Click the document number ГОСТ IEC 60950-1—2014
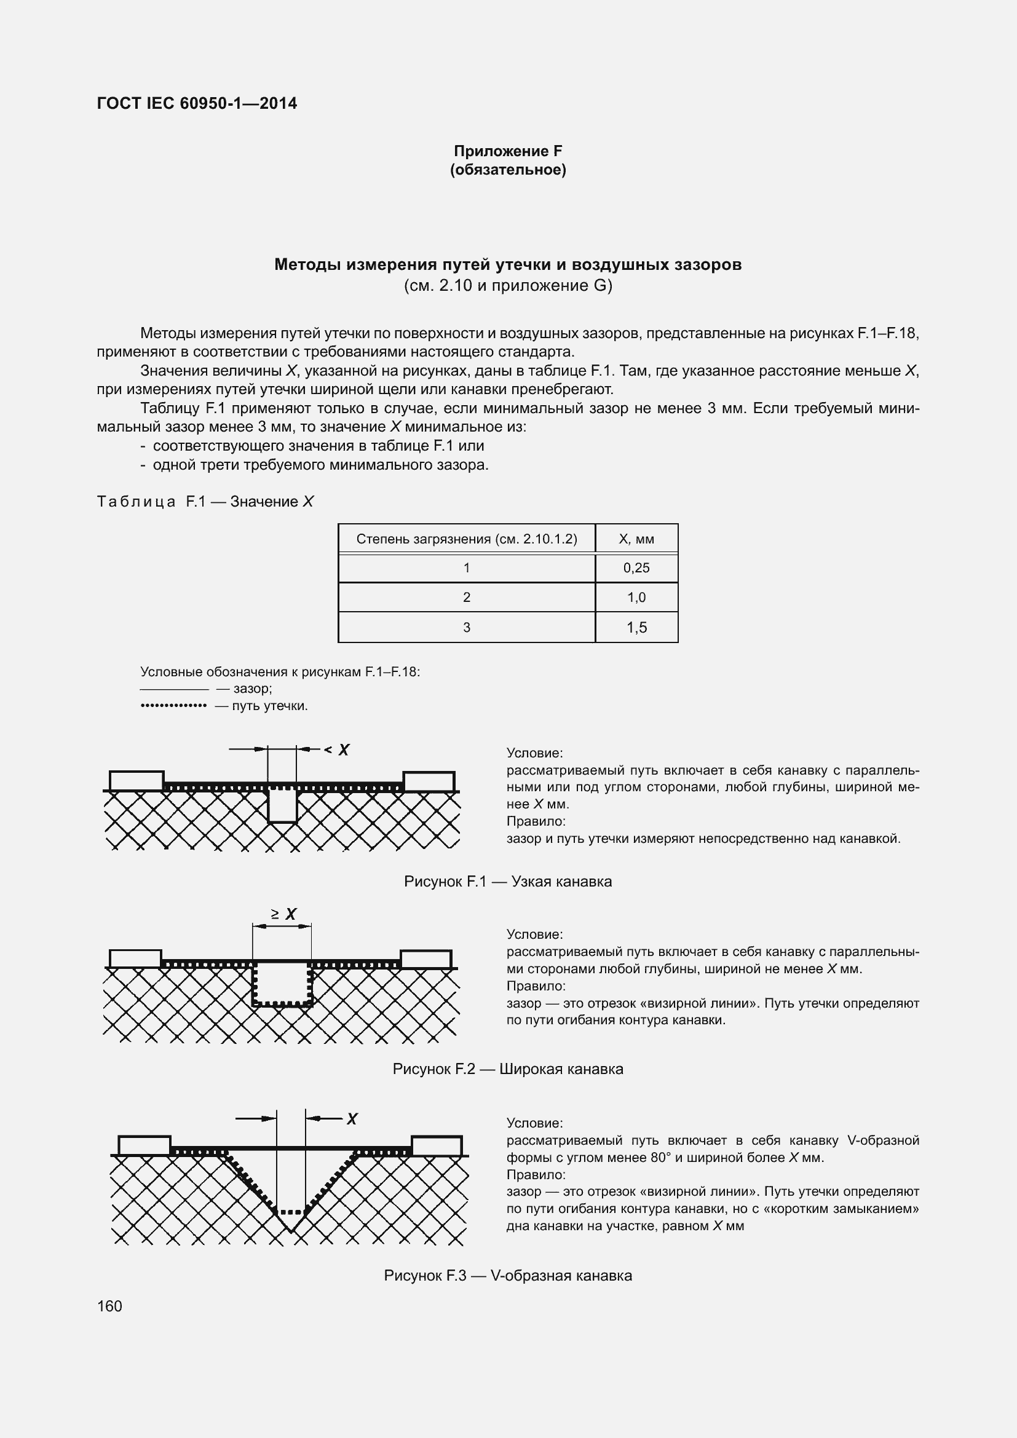tap(197, 103)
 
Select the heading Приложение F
tap(508, 151)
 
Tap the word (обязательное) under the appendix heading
tap(508, 170)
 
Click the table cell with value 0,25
tap(636, 568)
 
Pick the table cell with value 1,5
tap(636, 628)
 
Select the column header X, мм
tap(636, 539)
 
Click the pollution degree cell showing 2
tap(467, 598)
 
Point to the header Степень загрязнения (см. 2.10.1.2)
tap(467, 539)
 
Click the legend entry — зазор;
tap(243, 689)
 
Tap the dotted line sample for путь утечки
tap(173, 706)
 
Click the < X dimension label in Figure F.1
tap(338, 749)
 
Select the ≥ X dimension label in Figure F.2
tap(283, 915)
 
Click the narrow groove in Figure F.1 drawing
tap(282, 806)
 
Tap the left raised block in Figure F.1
tap(137, 781)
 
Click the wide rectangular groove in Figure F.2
tap(282, 984)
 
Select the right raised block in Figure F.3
tap(437, 1145)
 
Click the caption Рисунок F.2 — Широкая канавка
tap(508, 1069)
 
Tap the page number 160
tap(109, 1306)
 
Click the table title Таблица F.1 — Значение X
tap(205, 502)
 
